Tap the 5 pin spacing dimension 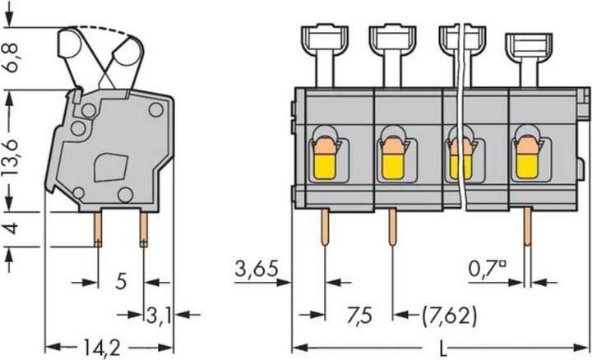click(121, 282)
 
